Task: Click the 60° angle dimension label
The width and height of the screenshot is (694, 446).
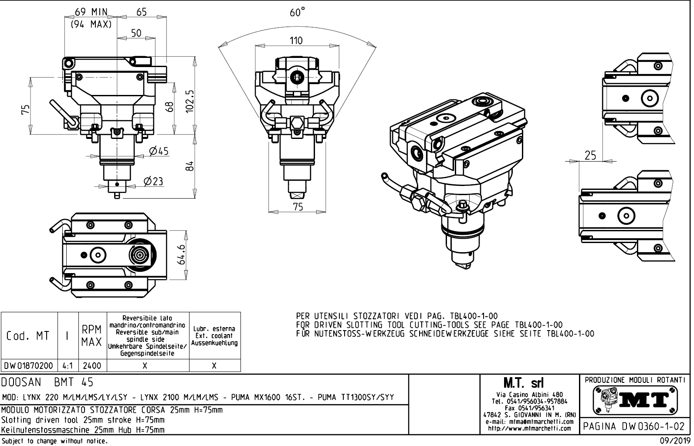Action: (297, 13)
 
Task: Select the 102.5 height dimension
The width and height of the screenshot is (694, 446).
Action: (190, 101)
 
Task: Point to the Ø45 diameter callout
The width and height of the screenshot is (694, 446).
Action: (158, 151)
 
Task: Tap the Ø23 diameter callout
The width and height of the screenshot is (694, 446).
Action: (153, 181)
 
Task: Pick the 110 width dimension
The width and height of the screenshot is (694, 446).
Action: (296, 41)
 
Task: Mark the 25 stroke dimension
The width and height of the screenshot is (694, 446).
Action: (590, 155)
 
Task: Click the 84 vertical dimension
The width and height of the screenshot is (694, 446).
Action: (189, 166)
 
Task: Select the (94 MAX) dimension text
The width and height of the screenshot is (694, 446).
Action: (91, 24)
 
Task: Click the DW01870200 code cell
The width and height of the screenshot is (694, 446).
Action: (29, 365)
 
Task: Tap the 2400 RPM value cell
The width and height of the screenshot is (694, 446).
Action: (92, 365)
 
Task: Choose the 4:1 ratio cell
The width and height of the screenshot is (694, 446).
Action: (68, 365)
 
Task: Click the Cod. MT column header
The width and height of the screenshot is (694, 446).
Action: (28, 336)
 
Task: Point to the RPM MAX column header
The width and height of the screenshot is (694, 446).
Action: (92, 335)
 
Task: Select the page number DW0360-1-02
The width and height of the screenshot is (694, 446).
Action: (634, 426)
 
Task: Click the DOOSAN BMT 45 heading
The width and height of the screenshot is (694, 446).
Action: (47, 382)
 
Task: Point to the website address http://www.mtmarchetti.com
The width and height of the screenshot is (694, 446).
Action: (529, 428)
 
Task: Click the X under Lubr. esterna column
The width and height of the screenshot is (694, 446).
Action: (214, 366)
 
